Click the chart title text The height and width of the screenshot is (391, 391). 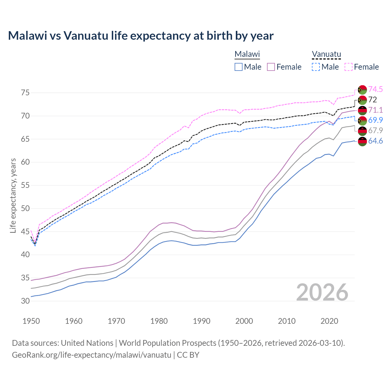[x=141, y=36]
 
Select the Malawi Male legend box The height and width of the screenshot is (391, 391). [x=239, y=67]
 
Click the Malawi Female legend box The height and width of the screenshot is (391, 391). [x=271, y=67]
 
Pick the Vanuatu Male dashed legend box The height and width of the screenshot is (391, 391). [x=316, y=67]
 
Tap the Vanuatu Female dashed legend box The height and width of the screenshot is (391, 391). [x=349, y=67]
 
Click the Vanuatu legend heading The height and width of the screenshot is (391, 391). [x=326, y=54]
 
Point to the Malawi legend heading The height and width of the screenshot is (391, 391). [x=247, y=54]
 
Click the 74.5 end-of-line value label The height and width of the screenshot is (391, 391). [x=375, y=89]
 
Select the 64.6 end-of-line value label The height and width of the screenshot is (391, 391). [x=375, y=141]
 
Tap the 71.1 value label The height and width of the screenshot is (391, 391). [x=375, y=110]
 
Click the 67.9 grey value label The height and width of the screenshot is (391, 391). [x=375, y=130]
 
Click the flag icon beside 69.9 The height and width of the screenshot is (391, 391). [x=362, y=120]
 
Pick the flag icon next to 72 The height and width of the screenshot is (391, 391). [x=362, y=100]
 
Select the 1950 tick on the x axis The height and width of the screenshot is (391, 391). [x=31, y=321]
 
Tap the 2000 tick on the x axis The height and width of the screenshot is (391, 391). [x=244, y=321]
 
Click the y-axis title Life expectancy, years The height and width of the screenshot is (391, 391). [x=13, y=195]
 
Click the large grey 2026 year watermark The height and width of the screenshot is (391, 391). [x=322, y=292]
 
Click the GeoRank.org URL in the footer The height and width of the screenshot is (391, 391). [x=91, y=355]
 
